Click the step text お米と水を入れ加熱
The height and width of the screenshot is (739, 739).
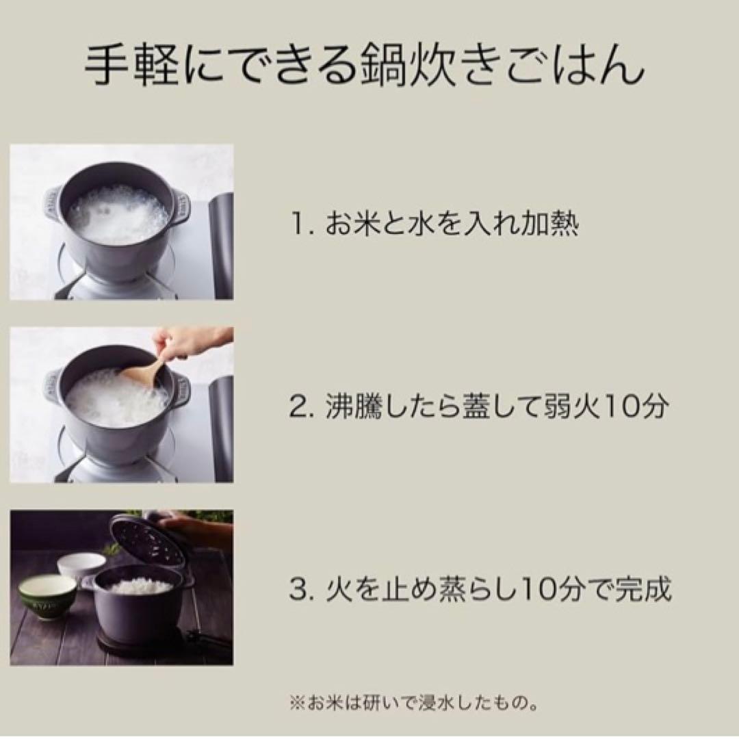click(x=452, y=223)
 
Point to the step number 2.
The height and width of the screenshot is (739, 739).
click(x=301, y=406)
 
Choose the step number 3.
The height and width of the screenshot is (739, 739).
click(x=301, y=589)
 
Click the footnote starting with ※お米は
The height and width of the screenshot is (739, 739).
click(x=414, y=703)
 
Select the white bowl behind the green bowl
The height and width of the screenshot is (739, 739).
click(x=81, y=567)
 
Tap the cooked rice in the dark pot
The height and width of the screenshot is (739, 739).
click(x=142, y=586)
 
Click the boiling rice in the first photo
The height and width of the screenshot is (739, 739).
click(x=117, y=215)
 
